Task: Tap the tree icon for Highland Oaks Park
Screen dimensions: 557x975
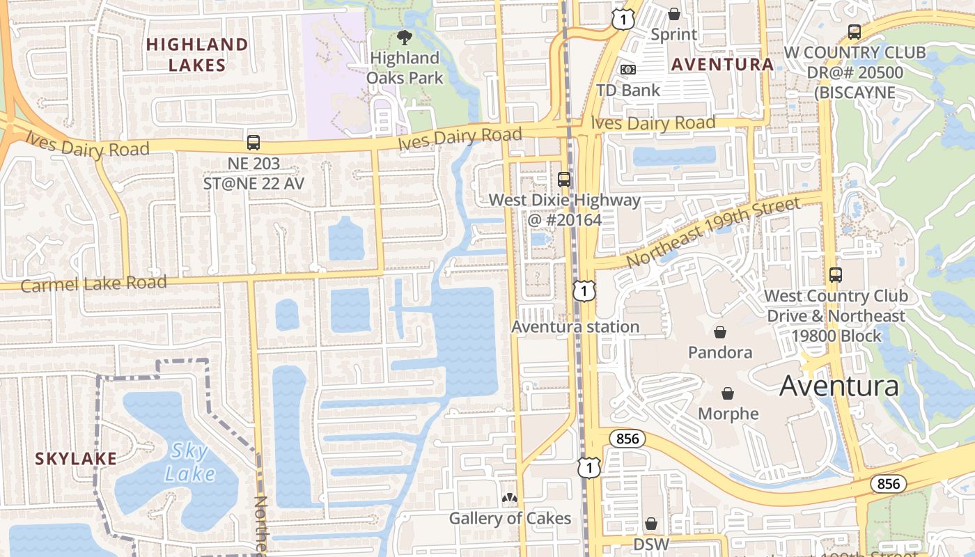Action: pos(404,37)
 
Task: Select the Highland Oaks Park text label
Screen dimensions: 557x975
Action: pos(405,68)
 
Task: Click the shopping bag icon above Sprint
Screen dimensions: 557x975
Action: pos(673,13)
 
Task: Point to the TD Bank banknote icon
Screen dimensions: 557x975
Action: pos(628,70)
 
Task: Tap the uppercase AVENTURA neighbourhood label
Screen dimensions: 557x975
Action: pos(722,65)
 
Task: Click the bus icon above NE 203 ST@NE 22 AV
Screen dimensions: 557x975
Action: pos(253,143)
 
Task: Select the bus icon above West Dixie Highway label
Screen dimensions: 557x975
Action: pos(564,179)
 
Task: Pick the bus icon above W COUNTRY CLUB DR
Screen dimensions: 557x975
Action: pos(855,32)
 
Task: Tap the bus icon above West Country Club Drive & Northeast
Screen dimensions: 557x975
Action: pos(836,275)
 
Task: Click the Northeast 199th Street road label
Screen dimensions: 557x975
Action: pos(713,232)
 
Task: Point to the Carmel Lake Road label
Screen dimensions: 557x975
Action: pos(94,284)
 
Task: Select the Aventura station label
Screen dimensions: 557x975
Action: pos(575,327)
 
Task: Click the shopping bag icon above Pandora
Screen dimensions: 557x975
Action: pos(720,332)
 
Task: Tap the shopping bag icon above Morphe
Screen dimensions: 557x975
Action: pos(728,394)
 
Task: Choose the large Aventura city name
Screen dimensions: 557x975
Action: pos(839,386)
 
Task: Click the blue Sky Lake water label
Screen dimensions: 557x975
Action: pos(189,463)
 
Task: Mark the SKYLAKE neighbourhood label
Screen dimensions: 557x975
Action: pos(76,459)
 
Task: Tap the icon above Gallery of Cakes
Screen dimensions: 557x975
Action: pos(510,499)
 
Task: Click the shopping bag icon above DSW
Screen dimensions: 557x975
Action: pos(651,524)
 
